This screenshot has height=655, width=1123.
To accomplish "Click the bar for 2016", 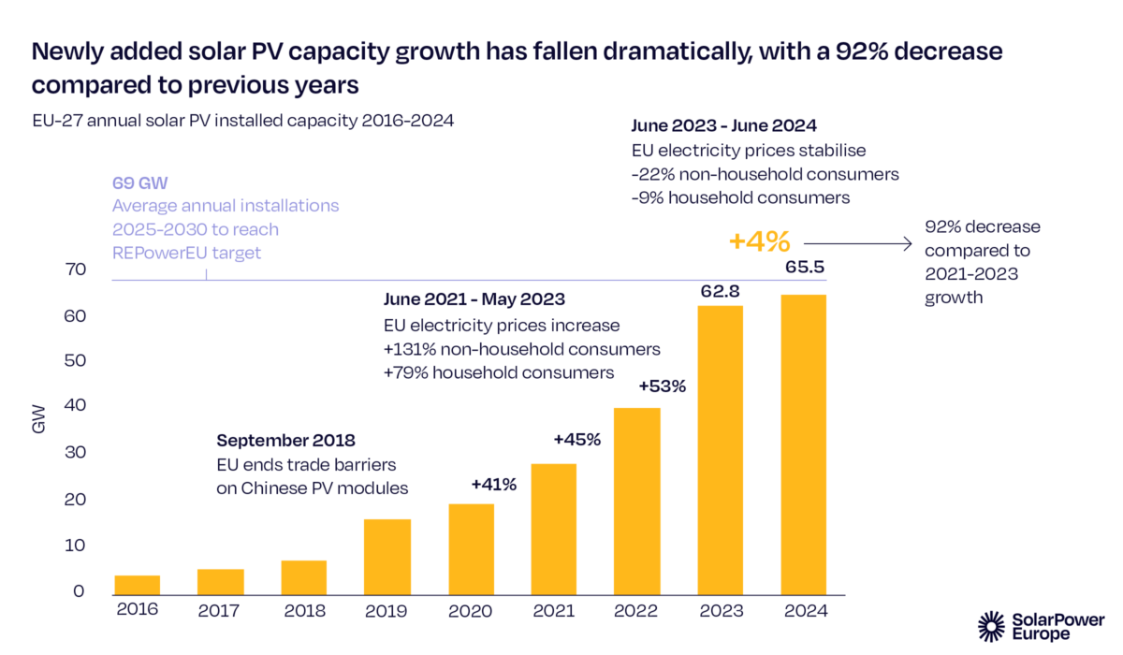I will pos(137,585).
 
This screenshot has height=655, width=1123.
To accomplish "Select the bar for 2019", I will pos(387,557).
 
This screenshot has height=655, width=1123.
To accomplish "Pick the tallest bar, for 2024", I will pos(804,444).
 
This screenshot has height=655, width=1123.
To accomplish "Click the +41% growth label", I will pos(494,484).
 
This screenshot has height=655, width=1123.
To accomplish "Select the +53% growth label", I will pos(663,386).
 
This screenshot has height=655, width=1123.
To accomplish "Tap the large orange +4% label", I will pos(759,241).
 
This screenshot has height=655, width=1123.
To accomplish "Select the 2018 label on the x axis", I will pos(303,611).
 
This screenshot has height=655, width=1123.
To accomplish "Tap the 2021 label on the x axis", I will pos(555,611).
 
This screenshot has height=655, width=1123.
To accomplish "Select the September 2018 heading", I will pos(285,440).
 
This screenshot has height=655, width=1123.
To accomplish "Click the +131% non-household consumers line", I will pos(522,349).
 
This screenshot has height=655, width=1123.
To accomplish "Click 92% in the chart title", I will pos(794,51).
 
